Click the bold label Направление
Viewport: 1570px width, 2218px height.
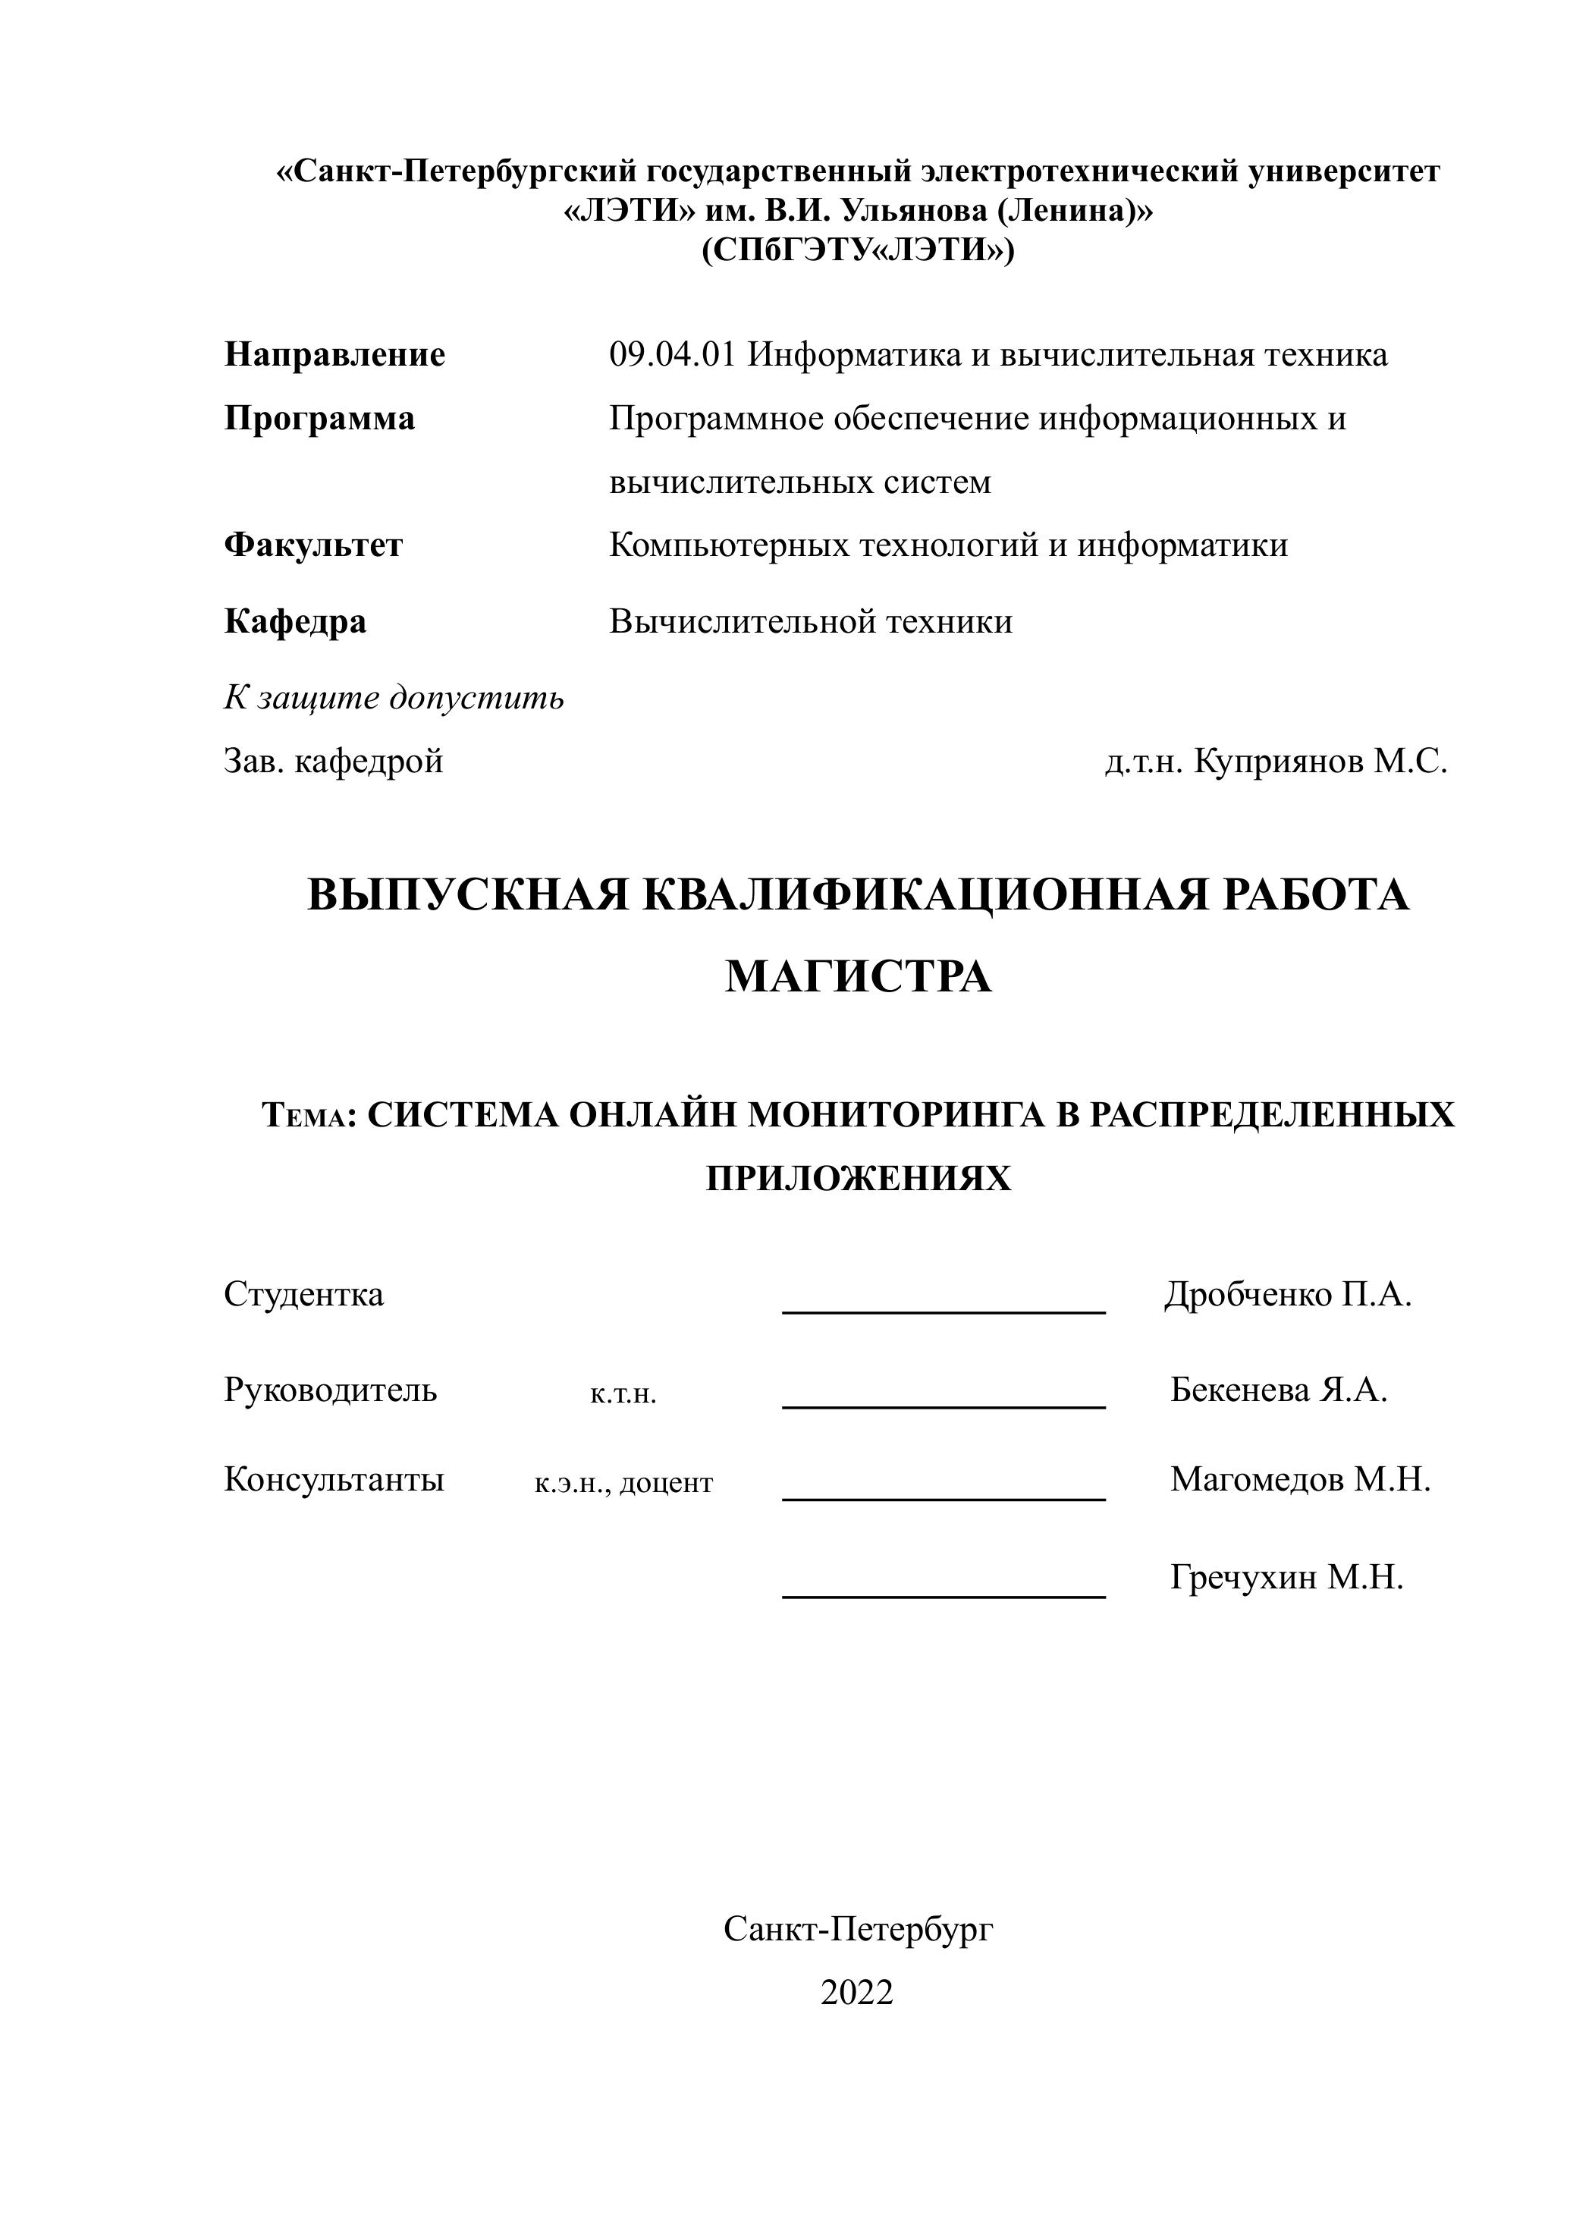(x=334, y=355)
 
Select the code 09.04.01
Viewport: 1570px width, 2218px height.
(x=672, y=355)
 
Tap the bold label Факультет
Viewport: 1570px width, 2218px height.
(x=313, y=545)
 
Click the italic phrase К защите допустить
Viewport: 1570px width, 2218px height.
(x=394, y=697)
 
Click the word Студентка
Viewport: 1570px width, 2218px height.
(x=303, y=1293)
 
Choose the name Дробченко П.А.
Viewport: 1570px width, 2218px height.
(x=1288, y=1293)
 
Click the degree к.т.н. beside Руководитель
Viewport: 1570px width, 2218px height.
(x=623, y=1394)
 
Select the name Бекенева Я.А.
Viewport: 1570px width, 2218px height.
(x=1279, y=1390)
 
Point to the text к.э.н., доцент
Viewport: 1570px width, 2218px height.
(x=623, y=1482)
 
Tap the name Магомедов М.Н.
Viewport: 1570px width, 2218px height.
(x=1300, y=1479)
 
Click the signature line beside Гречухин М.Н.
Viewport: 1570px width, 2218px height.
(x=944, y=1596)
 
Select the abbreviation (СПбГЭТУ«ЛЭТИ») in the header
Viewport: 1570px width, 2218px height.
(x=859, y=250)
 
